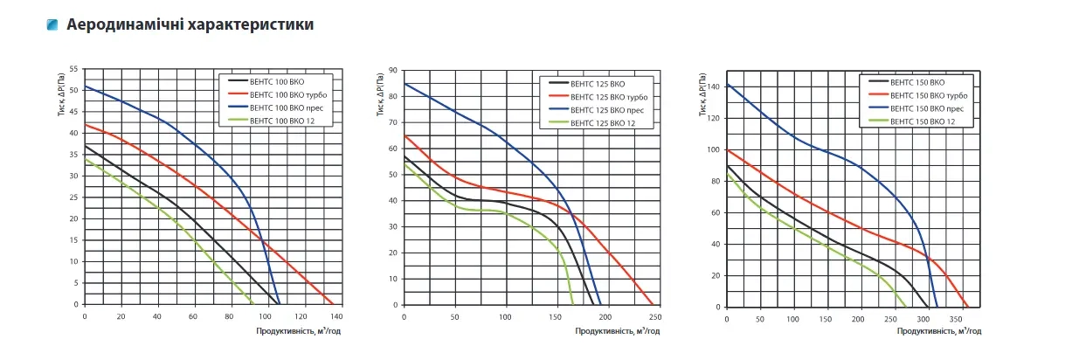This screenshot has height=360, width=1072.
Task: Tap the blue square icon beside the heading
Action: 52,24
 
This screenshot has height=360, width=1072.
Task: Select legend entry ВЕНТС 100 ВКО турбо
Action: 288,94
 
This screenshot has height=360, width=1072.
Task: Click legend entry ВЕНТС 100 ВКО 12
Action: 282,121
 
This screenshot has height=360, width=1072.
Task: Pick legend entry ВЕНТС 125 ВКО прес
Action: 607,110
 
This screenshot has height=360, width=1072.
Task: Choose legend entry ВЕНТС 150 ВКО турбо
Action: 929,96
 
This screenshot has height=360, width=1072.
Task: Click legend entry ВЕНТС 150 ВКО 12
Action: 923,121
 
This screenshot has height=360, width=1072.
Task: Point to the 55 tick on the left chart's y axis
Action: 73,69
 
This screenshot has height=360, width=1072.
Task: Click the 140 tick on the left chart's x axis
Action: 336,316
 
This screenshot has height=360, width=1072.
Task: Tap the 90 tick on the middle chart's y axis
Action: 393,71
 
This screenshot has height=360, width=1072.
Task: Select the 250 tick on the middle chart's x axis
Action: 655,317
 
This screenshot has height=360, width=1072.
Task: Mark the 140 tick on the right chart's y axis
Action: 713,87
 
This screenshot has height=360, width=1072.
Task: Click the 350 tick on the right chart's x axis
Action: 956,319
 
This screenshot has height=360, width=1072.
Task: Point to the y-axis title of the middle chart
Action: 380,94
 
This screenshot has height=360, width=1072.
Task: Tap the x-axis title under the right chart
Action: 939,331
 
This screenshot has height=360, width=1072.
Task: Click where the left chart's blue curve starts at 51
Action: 86,87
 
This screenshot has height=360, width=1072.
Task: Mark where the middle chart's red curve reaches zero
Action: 653,304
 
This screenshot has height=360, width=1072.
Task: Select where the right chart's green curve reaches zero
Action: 905,307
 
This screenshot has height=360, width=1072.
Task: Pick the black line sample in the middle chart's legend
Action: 558,83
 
